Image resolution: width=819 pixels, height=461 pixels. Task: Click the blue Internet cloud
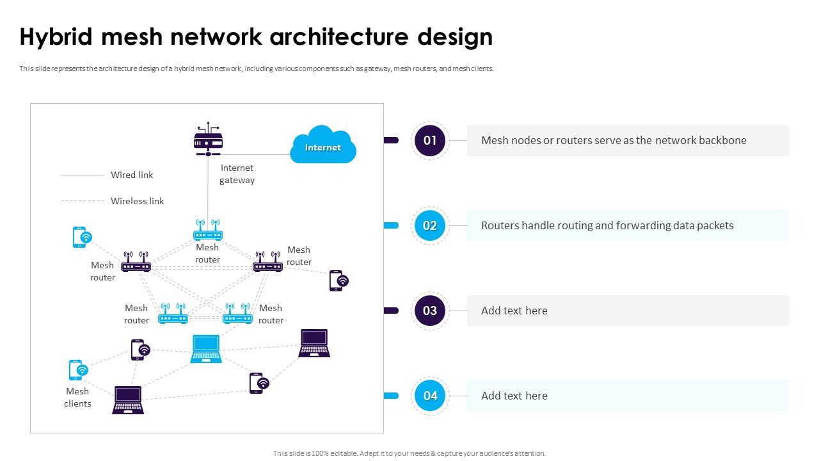322,145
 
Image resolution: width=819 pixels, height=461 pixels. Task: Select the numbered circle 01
430,140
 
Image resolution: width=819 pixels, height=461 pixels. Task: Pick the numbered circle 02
430,225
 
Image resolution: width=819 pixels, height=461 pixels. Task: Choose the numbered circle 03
430,311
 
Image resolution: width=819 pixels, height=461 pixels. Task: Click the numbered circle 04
430,396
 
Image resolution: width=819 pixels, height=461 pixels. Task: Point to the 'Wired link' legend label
132,175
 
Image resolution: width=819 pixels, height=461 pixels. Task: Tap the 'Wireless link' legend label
137,201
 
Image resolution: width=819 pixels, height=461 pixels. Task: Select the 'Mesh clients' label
77,397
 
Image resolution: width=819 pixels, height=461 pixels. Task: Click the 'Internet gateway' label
237,174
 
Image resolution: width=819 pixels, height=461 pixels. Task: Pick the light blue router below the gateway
208,230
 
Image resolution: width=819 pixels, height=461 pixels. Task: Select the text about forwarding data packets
607,225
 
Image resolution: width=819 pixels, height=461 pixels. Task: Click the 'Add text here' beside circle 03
514,311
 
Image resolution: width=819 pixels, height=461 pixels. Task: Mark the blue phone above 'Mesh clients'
78,370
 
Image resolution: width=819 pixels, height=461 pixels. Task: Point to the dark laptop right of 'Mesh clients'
128,400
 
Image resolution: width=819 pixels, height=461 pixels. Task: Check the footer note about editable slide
409,453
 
